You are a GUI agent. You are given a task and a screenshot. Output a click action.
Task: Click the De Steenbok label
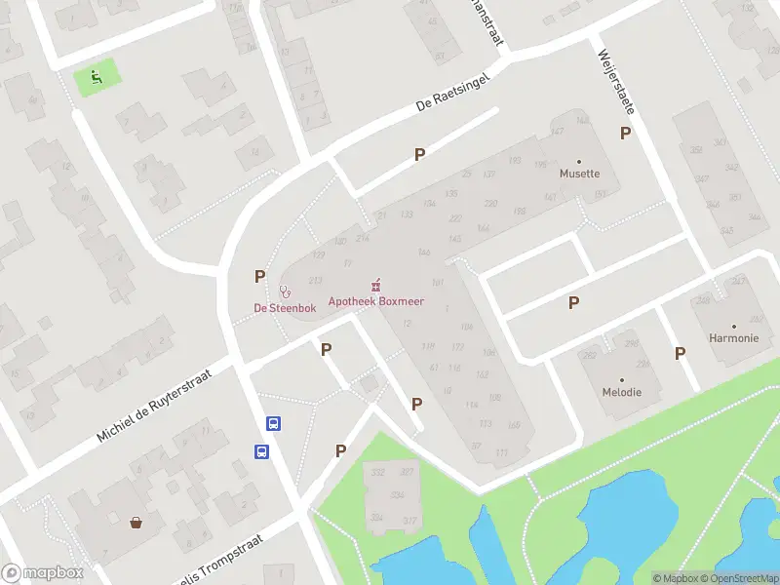point(286,308)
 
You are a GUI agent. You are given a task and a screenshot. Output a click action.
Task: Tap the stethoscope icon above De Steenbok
point(286,291)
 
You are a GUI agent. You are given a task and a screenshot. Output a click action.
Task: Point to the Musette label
point(579,175)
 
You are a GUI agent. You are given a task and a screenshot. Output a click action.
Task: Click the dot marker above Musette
point(579,161)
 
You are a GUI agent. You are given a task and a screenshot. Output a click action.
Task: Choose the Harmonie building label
point(733,338)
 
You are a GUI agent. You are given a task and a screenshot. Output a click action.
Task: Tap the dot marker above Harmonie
point(733,326)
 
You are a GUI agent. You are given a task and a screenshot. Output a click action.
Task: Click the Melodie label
point(621,392)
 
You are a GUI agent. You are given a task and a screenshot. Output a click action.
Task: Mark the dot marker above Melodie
point(621,379)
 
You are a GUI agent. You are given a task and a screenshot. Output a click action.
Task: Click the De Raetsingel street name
point(450,91)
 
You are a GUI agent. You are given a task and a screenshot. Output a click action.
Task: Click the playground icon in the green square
point(97,77)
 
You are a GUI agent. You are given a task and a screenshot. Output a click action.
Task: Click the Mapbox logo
point(42,573)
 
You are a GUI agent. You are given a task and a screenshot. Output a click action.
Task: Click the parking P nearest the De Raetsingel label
point(419,154)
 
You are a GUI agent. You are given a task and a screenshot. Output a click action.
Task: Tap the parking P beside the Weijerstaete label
point(625,133)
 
